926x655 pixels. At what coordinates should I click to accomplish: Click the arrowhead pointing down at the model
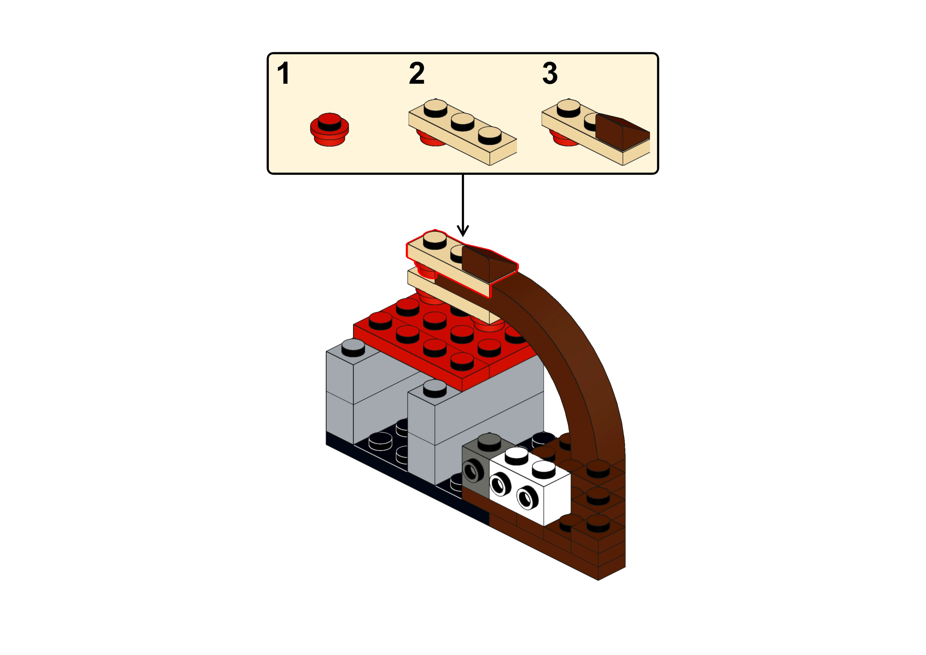click(463, 231)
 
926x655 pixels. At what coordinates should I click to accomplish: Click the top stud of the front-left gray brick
click(435, 388)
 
